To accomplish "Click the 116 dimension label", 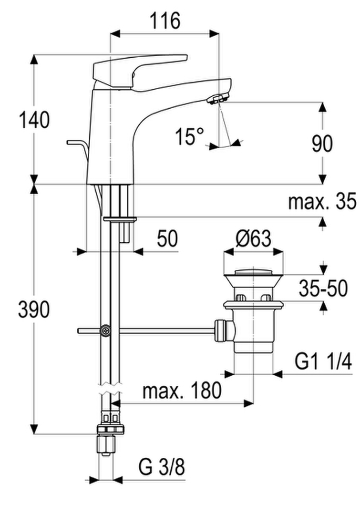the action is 165,21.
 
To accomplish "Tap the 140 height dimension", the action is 34,120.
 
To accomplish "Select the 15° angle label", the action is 189,136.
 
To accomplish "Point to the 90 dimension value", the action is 322,144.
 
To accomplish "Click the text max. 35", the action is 322,201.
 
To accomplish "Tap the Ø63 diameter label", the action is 253,238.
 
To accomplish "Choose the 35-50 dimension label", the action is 323,288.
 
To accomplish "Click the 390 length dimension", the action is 34,309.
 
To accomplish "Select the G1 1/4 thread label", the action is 323,361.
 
